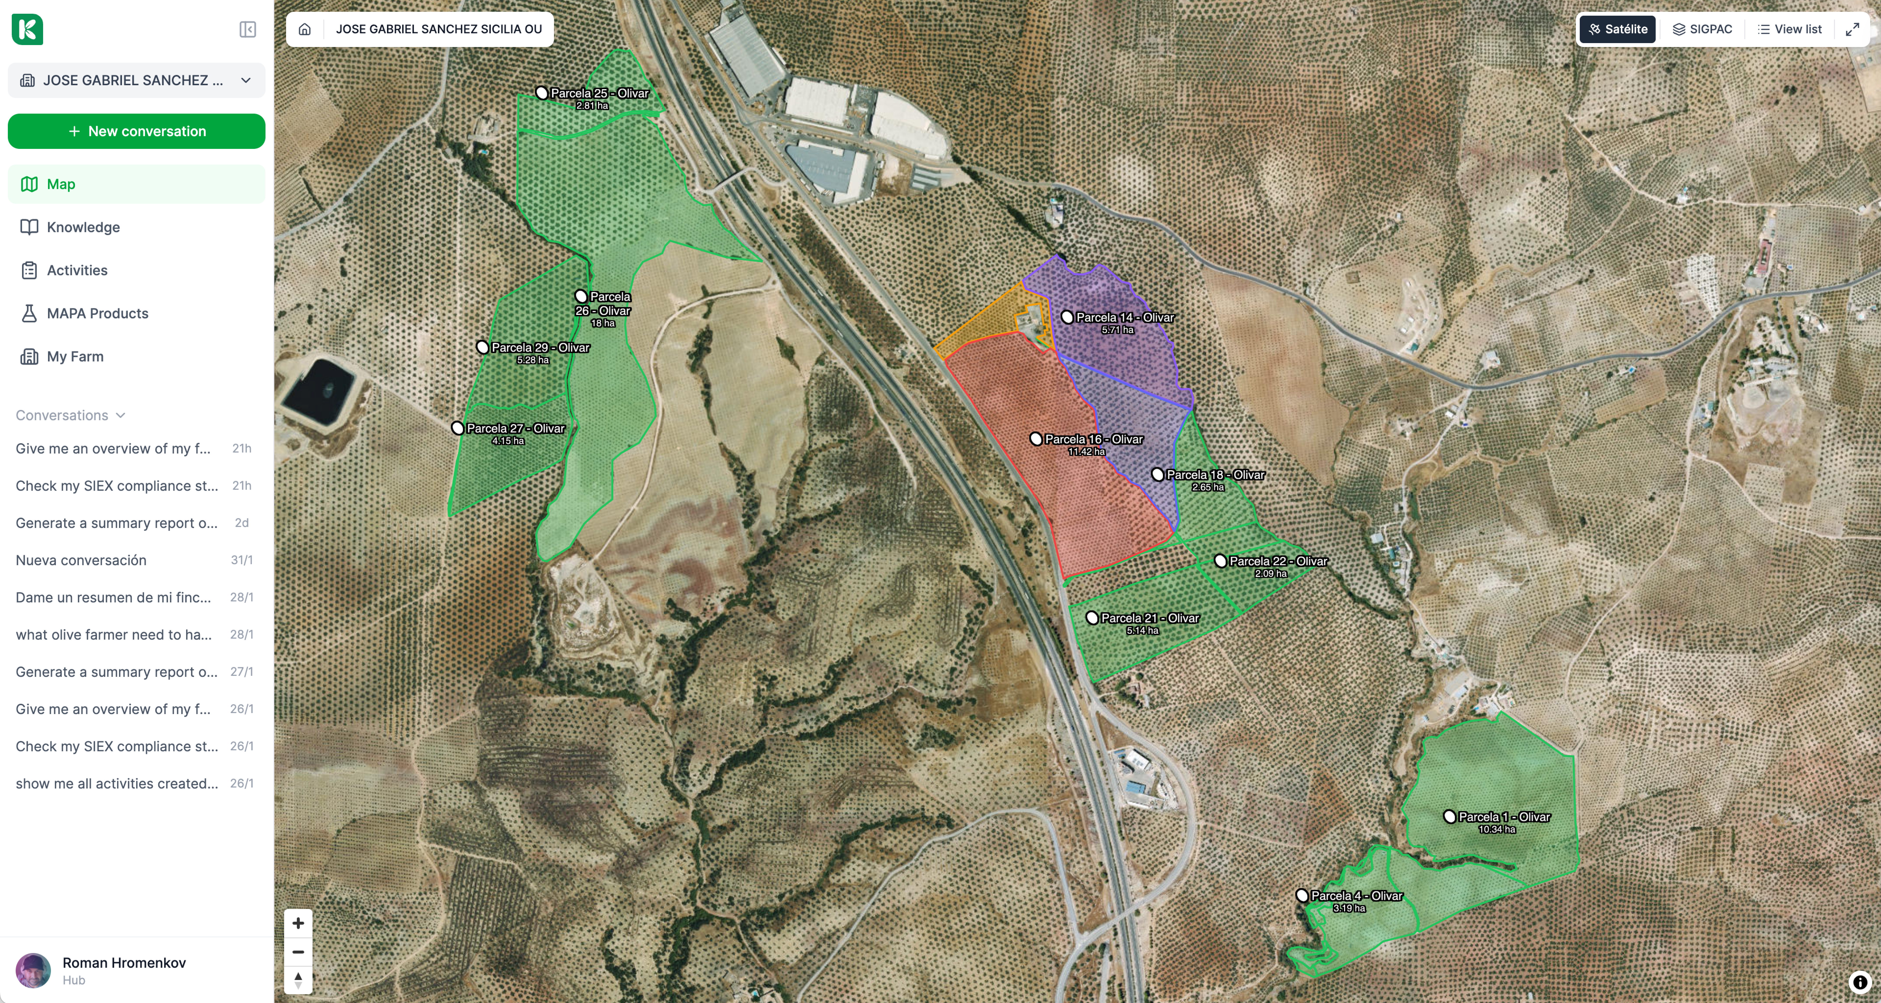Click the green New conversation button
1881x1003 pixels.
137,131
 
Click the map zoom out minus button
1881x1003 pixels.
298,952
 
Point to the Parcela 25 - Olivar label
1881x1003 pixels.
599,94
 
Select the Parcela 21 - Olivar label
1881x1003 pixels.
1149,618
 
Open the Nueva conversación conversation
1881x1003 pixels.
81,560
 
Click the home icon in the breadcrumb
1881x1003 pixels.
304,29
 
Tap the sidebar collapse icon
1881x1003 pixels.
248,29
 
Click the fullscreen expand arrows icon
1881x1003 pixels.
1853,29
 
